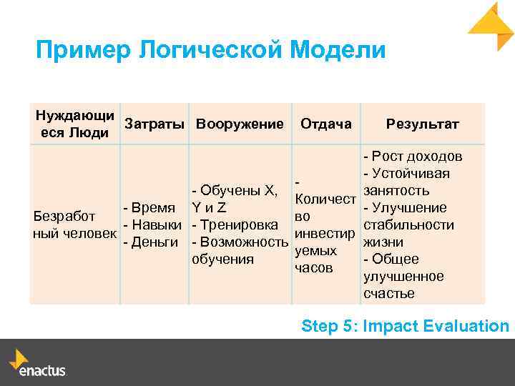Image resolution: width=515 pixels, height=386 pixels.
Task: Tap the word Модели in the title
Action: pyautogui.click(x=338, y=51)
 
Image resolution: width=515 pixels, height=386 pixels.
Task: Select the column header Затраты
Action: pyautogui.click(x=154, y=124)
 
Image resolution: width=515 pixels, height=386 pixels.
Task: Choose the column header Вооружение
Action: pyautogui.click(x=240, y=124)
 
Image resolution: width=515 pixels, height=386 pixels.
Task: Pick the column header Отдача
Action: pyautogui.click(x=326, y=124)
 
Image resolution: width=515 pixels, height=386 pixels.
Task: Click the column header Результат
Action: pyautogui.click(x=422, y=124)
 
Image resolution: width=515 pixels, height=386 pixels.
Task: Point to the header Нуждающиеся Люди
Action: pyautogui.click(x=74, y=124)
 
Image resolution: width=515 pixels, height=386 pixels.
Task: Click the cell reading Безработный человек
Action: pyautogui.click(x=74, y=225)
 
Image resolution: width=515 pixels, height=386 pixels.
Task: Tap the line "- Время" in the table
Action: pyautogui.click(x=149, y=208)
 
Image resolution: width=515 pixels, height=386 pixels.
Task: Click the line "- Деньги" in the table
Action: pyautogui.click(x=150, y=242)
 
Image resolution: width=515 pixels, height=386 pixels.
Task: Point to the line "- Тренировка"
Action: pyautogui.click(x=230, y=225)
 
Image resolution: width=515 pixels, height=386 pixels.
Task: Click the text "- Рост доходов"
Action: pyautogui.click(x=413, y=157)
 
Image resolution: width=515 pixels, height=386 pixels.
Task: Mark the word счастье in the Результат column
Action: pyautogui.click(x=389, y=294)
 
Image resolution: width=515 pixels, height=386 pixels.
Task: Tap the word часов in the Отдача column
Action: pyautogui.click(x=314, y=268)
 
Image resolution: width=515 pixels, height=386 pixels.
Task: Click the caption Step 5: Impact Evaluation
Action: pyautogui.click(x=405, y=327)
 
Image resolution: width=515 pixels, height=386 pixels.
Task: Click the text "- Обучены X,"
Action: pyautogui.click(x=235, y=191)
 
